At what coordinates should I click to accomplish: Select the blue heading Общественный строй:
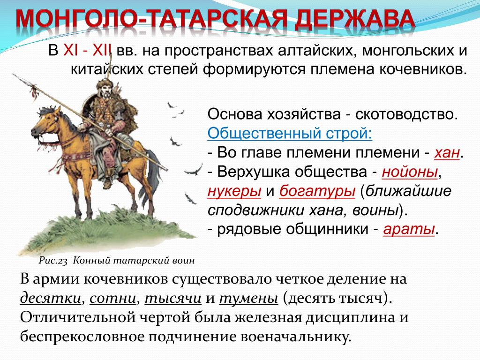[290, 133]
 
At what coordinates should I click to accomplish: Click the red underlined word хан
[447, 152]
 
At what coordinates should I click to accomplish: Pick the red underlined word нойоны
[410, 172]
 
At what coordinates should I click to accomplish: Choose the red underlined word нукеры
[234, 191]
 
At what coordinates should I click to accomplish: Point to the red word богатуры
[317, 191]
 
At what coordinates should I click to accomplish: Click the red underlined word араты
[409, 229]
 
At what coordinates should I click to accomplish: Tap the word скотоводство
[406, 114]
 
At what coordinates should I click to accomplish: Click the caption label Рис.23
[52, 261]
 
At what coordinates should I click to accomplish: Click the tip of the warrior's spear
[13, 74]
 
